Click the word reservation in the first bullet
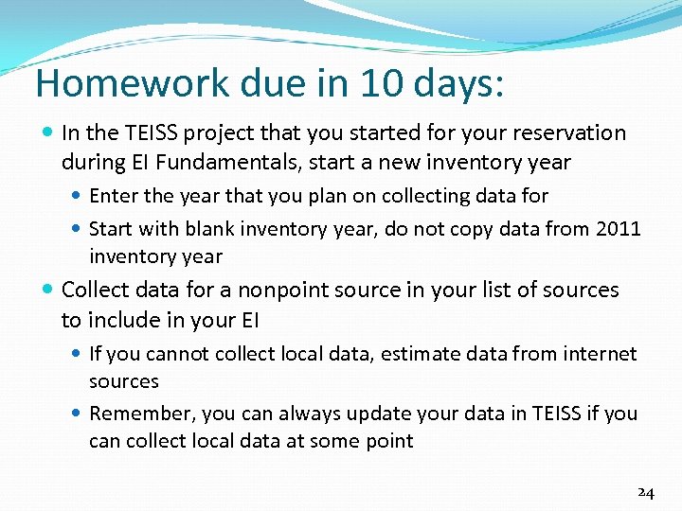click(x=566, y=132)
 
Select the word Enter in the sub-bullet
click(x=113, y=196)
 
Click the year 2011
click(x=619, y=228)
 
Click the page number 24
click(x=645, y=492)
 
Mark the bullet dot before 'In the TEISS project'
click(x=47, y=133)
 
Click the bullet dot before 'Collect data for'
click(x=47, y=291)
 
